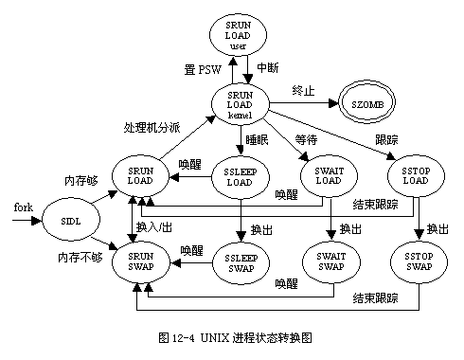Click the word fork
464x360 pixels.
tap(24, 207)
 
